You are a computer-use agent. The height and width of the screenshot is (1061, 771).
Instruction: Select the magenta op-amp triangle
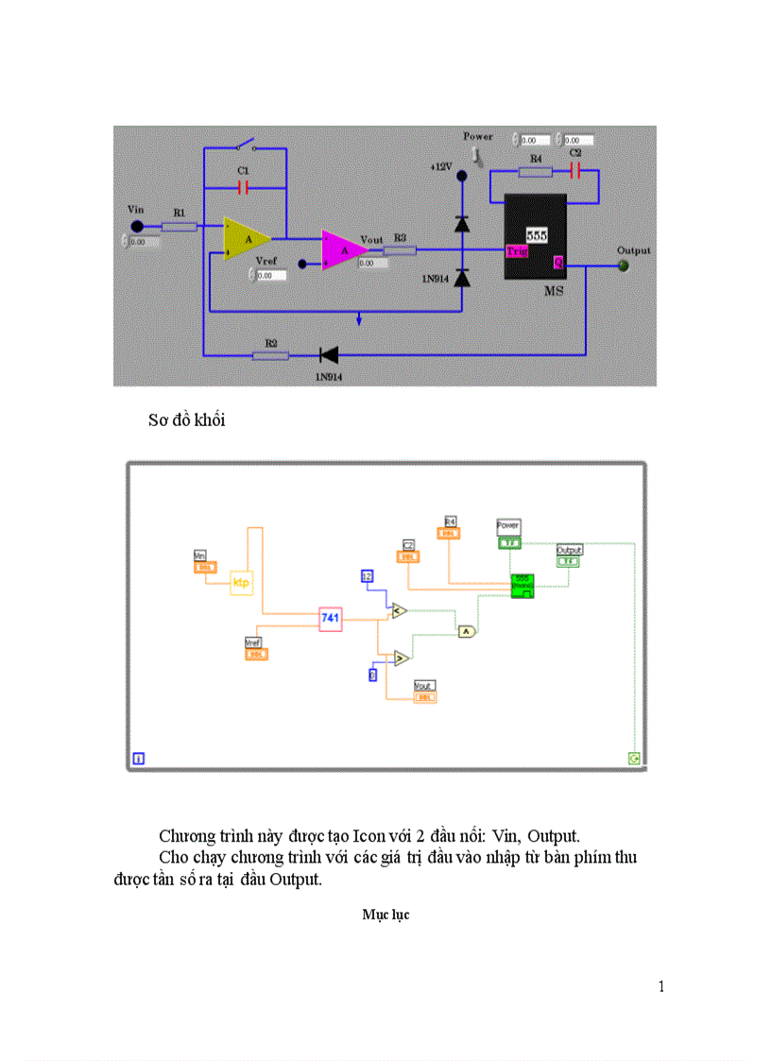point(341,248)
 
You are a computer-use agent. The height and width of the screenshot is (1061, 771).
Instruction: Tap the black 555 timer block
point(535,236)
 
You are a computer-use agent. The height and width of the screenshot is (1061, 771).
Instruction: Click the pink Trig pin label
point(517,251)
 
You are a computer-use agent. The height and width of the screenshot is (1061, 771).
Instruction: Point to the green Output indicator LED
point(623,265)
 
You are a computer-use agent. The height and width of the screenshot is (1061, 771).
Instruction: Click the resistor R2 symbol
point(270,355)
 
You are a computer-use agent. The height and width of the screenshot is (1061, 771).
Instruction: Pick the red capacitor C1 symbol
point(244,187)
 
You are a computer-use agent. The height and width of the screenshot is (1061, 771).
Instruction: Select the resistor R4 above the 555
point(536,172)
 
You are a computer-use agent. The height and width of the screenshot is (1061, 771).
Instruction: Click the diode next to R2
point(329,355)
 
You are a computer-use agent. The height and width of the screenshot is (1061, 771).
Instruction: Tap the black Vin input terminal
point(137,226)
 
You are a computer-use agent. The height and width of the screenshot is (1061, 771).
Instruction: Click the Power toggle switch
point(478,153)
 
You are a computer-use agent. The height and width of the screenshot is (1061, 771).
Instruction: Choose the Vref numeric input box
point(271,276)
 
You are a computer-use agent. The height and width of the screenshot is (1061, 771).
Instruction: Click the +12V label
point(441,166)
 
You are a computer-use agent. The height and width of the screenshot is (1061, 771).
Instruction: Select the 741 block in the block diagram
point(330,618)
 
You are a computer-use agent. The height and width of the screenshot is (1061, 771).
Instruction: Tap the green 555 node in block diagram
point(523,586)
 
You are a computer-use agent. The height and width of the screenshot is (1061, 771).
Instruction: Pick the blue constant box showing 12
point(368,576)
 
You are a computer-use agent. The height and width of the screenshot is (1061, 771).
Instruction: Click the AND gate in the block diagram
point(467,632)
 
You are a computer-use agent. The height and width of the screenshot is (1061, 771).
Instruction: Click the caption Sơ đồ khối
point(186,420)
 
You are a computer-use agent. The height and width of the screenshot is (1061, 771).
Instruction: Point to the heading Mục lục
point(385,915)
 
